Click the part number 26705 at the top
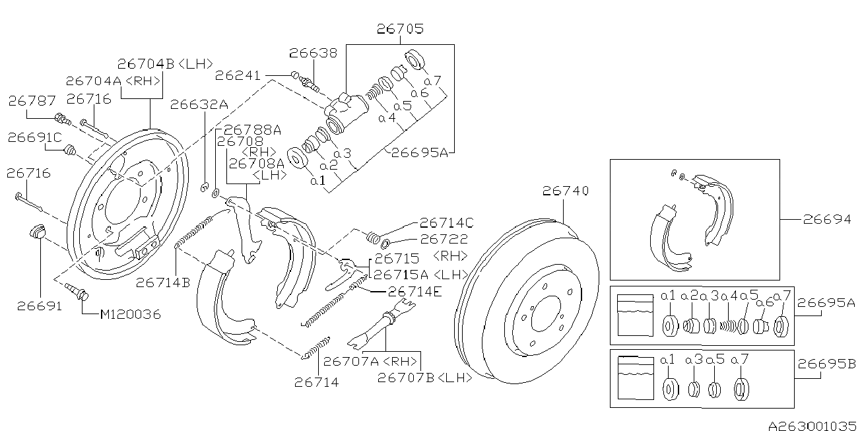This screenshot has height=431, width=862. pos(400,29)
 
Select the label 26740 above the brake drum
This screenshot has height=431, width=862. pos(565,191)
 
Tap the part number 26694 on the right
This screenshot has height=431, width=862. pos(826,220)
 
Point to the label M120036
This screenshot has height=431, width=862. pos(130,315)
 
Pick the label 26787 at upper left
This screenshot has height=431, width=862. pos(32,101)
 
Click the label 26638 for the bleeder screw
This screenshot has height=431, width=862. pos(313,53)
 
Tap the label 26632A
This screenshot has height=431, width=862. pos(199,104)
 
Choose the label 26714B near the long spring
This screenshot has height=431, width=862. pos(163,282)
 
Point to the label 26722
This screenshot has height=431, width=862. pos(444,240)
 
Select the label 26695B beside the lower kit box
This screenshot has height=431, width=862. pos(826,364)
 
